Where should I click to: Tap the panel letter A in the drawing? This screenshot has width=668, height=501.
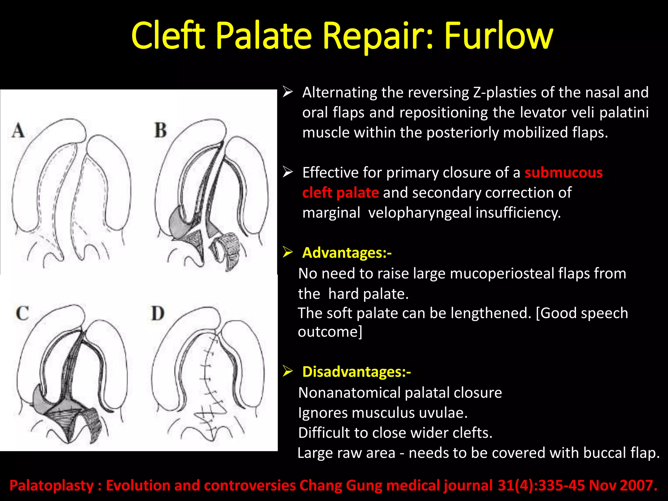[18, 130]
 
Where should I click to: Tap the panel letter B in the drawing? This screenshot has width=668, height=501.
[160, 130]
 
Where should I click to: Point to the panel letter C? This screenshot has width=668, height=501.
[22, 313]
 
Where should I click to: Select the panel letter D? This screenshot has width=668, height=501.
[158, 313]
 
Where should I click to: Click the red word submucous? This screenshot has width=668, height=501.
[563, 173]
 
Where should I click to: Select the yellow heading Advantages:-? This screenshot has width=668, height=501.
[347, 253]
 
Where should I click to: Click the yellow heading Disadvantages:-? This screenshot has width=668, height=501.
[356, 372]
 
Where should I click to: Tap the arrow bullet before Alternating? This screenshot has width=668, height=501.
[288, 92]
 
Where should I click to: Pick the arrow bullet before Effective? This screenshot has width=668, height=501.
[288, 172]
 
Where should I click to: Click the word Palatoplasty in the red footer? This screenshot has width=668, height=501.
[52, 485]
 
